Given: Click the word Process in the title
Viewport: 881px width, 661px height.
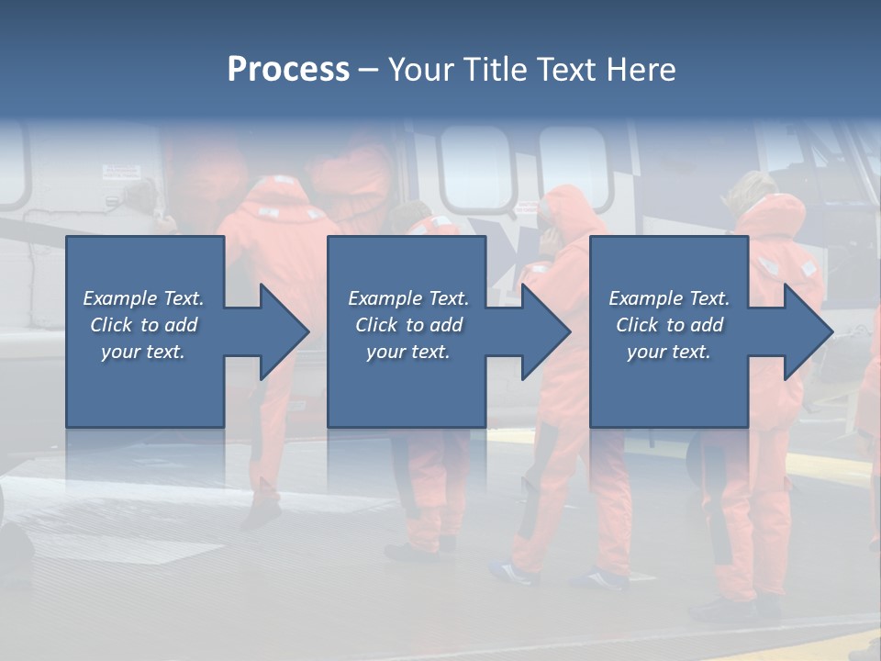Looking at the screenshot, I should point(288,70).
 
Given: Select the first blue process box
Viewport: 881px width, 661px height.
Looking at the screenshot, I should point(145,395).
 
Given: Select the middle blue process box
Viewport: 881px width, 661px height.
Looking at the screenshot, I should point(407,395).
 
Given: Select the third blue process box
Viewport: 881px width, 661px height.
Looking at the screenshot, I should point(668,395).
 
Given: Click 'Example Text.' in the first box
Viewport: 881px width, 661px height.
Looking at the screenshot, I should point(143,298).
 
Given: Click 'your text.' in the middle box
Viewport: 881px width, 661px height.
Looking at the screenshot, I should point(407,352).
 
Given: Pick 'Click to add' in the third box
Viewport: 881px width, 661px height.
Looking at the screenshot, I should point(670,325).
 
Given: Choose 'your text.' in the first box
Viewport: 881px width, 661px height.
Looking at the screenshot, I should point(143,352).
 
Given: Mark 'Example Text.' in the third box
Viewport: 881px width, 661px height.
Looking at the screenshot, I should point(669,298).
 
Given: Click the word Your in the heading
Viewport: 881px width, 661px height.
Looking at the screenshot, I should point(422,70).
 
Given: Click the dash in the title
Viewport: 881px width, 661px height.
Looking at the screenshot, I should point(369,70).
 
